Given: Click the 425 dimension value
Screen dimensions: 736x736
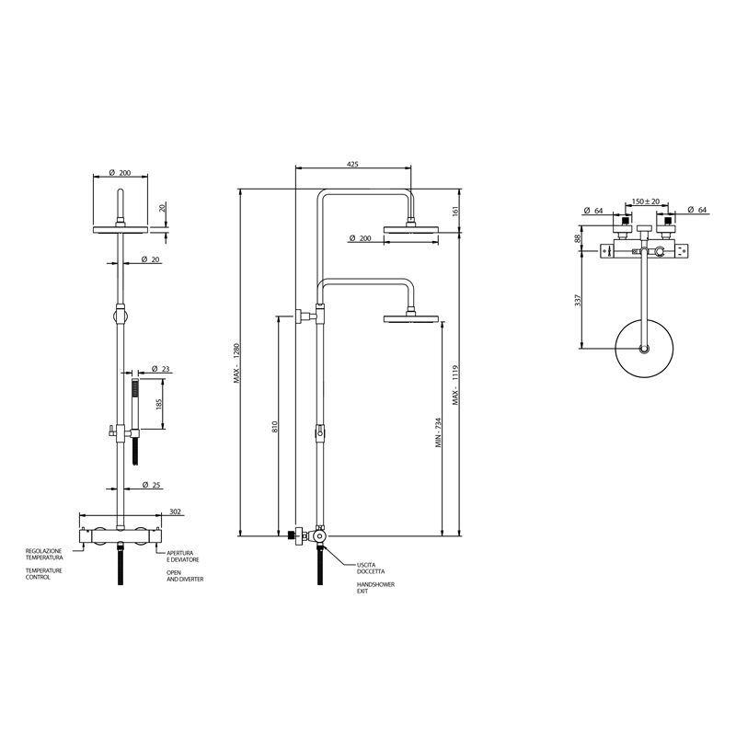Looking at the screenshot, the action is click(x=352, y=165).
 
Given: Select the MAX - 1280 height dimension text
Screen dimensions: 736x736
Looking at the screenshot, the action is click(x=237, y=363).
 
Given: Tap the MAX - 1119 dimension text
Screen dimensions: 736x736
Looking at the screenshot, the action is click(x=455, y=385).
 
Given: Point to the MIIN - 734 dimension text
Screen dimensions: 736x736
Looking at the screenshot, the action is click(x=439, y=432).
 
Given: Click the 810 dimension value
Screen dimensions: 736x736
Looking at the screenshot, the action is click(x=275, y=427).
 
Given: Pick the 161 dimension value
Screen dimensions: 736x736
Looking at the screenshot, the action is click(x=455, y=211).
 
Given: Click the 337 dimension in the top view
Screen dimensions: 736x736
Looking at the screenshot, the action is click(x=578, y=301).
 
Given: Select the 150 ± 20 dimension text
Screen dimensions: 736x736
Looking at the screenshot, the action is click(x=646, y=201).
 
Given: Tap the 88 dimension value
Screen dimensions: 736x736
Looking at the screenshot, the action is click(x=578, y=238).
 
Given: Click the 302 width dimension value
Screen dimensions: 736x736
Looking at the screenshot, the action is click(x=175, y=512).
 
